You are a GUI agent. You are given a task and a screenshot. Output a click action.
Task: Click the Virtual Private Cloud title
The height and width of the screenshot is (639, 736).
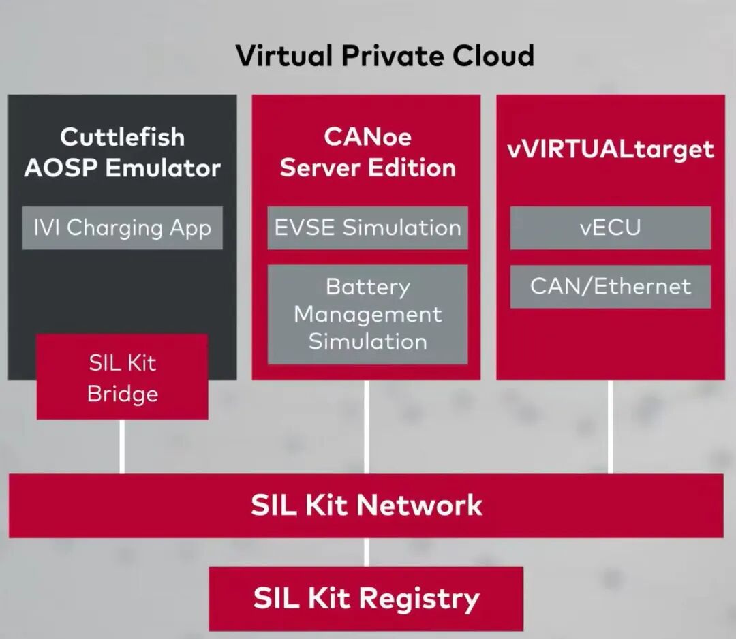(x=384, y=55)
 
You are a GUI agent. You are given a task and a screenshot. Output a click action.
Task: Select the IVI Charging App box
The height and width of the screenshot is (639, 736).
(x=122, y=228)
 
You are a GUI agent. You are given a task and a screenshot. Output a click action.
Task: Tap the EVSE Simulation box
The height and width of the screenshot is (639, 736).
(x=367, y=228)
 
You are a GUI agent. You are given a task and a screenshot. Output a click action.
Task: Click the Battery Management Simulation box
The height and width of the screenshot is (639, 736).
(x=367, y=314)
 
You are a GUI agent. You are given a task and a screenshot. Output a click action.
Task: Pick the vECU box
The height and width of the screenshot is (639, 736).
(x=610, y=228)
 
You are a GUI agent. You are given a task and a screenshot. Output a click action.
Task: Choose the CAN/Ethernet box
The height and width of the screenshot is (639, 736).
(x=610, y=287)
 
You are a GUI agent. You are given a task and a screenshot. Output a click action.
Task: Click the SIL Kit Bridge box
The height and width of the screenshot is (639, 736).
(x=122, y=377)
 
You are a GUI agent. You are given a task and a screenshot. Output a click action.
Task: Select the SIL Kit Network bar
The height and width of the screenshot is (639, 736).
(x=366, y=505)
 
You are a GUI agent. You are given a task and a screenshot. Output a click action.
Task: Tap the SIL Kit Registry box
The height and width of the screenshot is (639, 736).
(x=366, y=599)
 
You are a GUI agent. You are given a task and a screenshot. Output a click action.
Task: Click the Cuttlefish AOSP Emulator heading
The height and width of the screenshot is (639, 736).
(x=122, y=153)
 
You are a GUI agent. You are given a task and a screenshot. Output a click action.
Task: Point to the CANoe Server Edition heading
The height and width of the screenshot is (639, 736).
(x=367, y=153)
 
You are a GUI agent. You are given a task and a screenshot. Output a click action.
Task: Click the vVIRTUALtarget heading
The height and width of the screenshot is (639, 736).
(x=610, y=150)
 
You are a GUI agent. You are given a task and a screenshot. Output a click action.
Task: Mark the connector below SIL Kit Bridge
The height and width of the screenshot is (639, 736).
(x=122, y=447)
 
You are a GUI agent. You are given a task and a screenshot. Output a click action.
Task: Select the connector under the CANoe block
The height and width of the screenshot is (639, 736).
(x=367, y=427)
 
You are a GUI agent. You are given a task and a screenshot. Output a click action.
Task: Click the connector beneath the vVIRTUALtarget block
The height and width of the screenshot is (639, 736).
(x=610, y=427)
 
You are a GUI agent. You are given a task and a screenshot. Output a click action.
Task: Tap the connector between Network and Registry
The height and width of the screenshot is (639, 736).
(x=367, y=552)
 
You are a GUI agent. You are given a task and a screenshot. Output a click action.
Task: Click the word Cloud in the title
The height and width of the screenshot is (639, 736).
(x=493, y=55)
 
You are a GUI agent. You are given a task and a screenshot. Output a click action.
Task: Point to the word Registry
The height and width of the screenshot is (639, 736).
(x=419, y=599)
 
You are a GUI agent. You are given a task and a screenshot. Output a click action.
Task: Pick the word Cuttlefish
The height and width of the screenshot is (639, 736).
(x=122, y=137)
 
